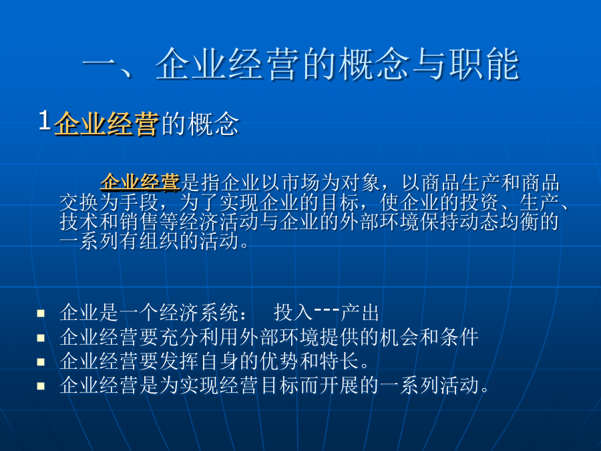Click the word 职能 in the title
(x=484, y=64)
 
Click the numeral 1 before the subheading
(x=45, y=120)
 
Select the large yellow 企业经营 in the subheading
(x=106, y=124)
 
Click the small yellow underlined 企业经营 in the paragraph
(x=140, y=182)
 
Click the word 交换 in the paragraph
(x=79, y=202)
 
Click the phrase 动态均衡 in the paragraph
(x=499, y=222)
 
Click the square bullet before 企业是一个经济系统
(x=41, y=314)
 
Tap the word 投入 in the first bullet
(x=294, y=313)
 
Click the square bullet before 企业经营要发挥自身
(x=41, y=362)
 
